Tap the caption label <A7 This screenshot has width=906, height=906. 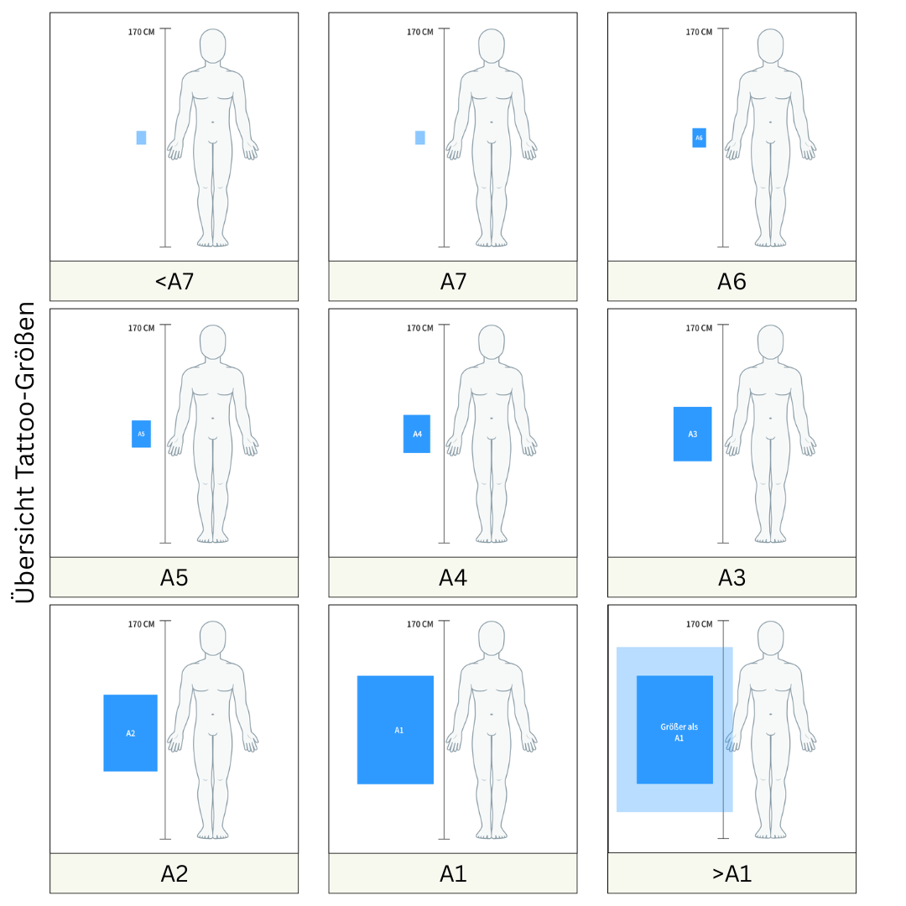coord(174,282)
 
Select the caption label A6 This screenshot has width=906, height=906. coord(732,282)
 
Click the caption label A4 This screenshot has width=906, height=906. coord(453,578)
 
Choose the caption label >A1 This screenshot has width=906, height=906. coord(732,873)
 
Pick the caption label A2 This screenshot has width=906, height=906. coord(174,873)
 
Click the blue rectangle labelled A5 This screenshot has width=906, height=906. coord(141,434)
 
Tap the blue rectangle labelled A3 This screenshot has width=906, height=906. coord(692,434)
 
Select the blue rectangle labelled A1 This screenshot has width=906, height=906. coord(395,730)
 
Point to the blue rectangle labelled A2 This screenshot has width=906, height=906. coord(130,732)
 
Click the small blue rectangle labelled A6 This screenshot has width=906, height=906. coord(699,138)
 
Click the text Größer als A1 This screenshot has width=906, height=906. coord(679,732)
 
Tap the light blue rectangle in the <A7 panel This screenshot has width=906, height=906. coord(141,138)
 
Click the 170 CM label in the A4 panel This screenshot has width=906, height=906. coord(419,328)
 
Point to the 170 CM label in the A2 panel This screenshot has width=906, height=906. coord(141,624)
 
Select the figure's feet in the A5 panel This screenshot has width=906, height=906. coord(212,537)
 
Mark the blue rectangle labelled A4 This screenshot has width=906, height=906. coord(417,434)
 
